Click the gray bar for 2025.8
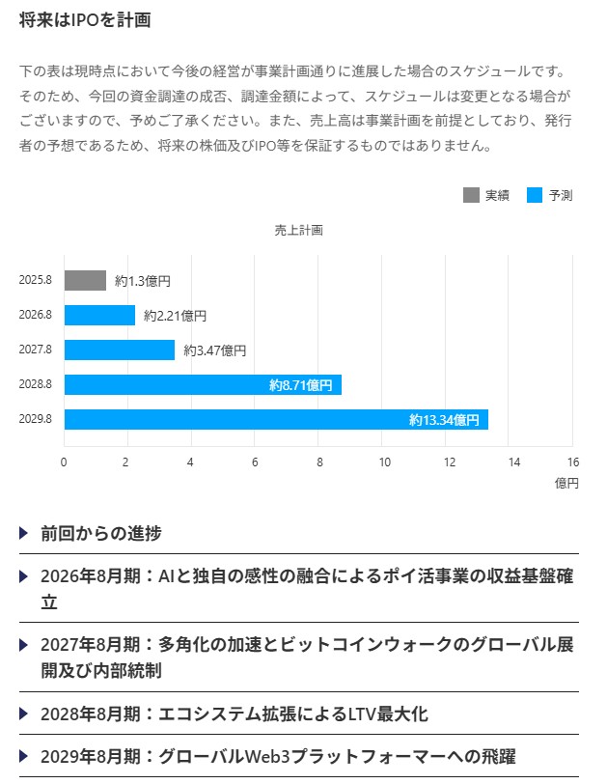[x=85, y=281]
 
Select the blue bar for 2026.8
[x=99, y=316]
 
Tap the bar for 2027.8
[x=120, y=350]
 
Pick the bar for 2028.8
[x=203, y=385]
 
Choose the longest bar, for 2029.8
[x=276, y=420]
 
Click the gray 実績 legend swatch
[x=471, y=195]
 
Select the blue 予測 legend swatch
[x=535, y=195]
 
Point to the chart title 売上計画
[x=298, y=231]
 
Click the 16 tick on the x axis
[x=574, y=462]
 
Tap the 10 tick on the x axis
[x=384, y=462]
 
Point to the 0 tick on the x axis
[x=64, y=462]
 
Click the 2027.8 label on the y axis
[x=35, y=350]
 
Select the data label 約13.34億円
[x=444, y=420]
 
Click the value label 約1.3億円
[x=143, y=281]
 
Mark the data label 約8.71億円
[x=300, y=385]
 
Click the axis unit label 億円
[x=566, y=483]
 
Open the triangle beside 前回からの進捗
[x=24, y=533]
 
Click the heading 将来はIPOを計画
[x=84, y=20]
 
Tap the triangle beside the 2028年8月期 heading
[x=24, y=714]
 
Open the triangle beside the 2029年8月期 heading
[x=24, y=756]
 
